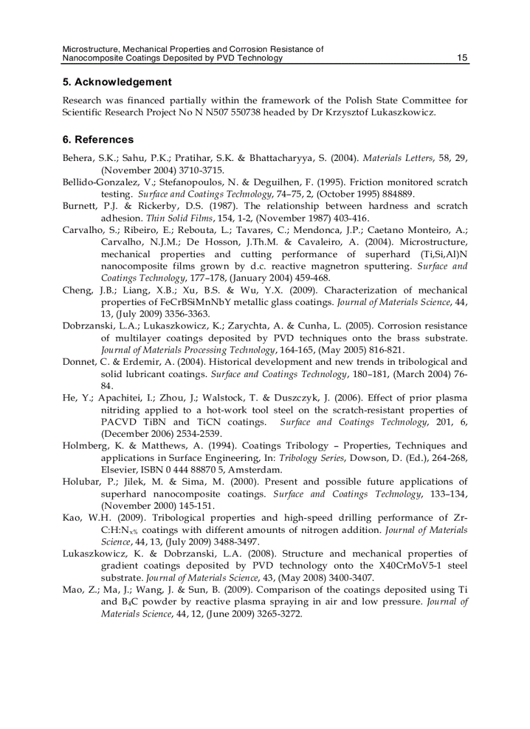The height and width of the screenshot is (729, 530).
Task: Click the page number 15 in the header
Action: [x=462, y=58]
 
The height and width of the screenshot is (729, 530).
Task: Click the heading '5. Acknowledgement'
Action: [x=117, y=82]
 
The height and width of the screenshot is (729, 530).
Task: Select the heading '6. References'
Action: [x=98, y=139]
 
